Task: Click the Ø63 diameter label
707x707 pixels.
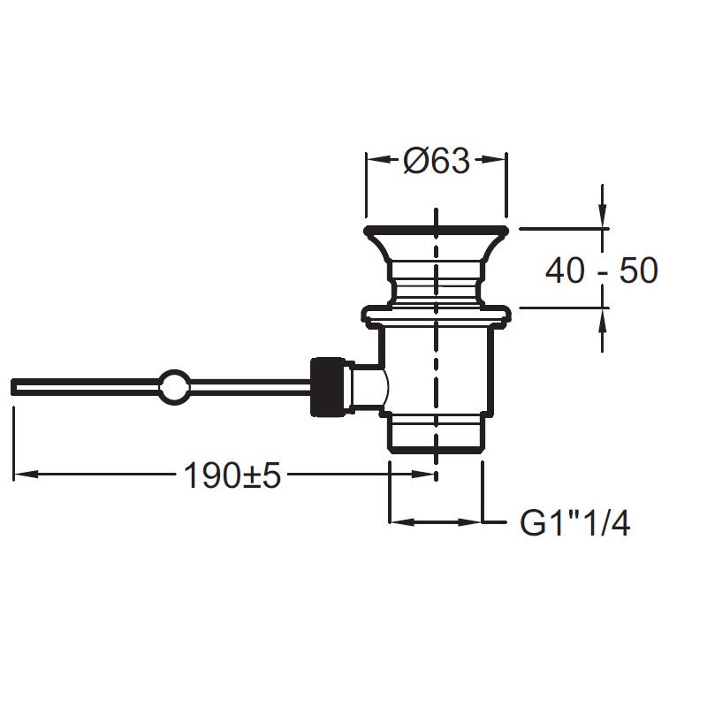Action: tap(437, 161)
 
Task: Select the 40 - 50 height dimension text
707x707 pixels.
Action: tap(602, 270)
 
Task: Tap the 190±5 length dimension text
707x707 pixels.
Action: tap(232, 475)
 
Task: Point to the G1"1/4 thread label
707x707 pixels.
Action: tap(575, 523)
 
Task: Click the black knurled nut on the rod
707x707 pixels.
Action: tap(327, 386)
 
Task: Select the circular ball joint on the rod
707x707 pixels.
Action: tap(173, 385)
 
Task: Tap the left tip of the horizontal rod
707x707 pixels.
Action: tap(11, 386)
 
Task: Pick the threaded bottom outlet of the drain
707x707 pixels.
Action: tap(437, 433)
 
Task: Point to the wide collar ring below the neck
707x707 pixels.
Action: tap(437, 314)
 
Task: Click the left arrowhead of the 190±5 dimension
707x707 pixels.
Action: tap(26, 475)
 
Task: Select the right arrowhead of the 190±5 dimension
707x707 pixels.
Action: tap(424, 475)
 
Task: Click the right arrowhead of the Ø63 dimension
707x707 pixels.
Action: tap(495, 159)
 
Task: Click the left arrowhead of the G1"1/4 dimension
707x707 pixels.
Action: tap(401, 522)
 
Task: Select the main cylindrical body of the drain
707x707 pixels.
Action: tap(437, 369)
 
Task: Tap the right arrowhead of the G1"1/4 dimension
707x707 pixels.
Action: tap(470, 522)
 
